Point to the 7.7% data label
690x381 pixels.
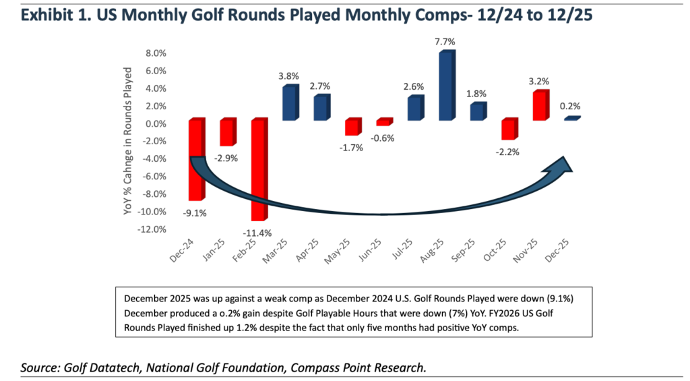click(x=445, y=42)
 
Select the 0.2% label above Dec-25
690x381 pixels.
click(x=569, y=106)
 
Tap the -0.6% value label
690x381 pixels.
click(x=383, y=138)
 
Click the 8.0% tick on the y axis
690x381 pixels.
click(x=153, y=53)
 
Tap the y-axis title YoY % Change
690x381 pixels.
click(x=128, y=150)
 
